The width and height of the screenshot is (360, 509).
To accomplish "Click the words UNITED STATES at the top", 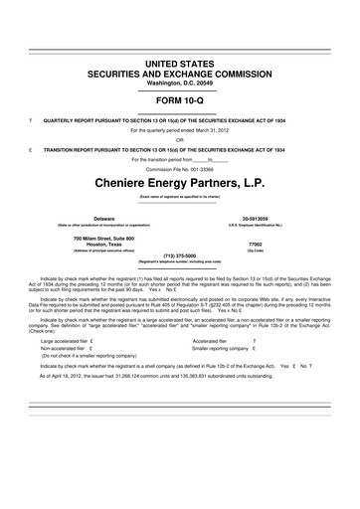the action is (x=180, y=62).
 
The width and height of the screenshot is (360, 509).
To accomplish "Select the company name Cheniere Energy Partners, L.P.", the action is (x=180, y=185).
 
